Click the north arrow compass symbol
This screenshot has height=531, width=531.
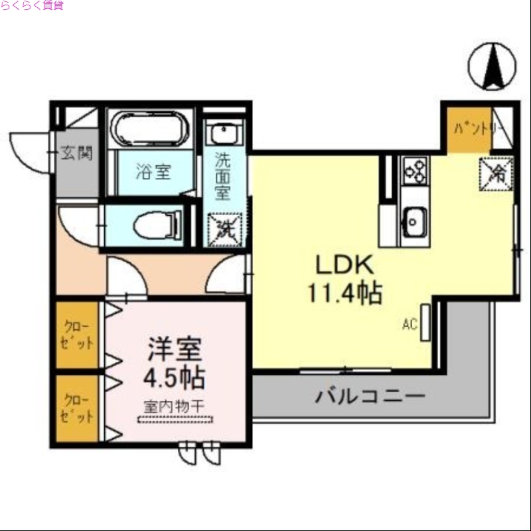coord(492,66)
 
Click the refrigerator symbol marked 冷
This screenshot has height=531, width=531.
coord(496,175)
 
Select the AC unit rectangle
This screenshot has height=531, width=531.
coord(425,323)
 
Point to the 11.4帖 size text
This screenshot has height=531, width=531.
coord(344,292)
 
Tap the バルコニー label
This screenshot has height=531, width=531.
coord(370,398)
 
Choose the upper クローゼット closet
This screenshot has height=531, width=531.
coord(76,335)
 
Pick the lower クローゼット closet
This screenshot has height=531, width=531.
coord(76,409)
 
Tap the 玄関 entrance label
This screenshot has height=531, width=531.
coord(77,153)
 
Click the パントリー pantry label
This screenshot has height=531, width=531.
coord(473,129)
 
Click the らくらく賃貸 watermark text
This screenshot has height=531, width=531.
coord(32,6)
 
